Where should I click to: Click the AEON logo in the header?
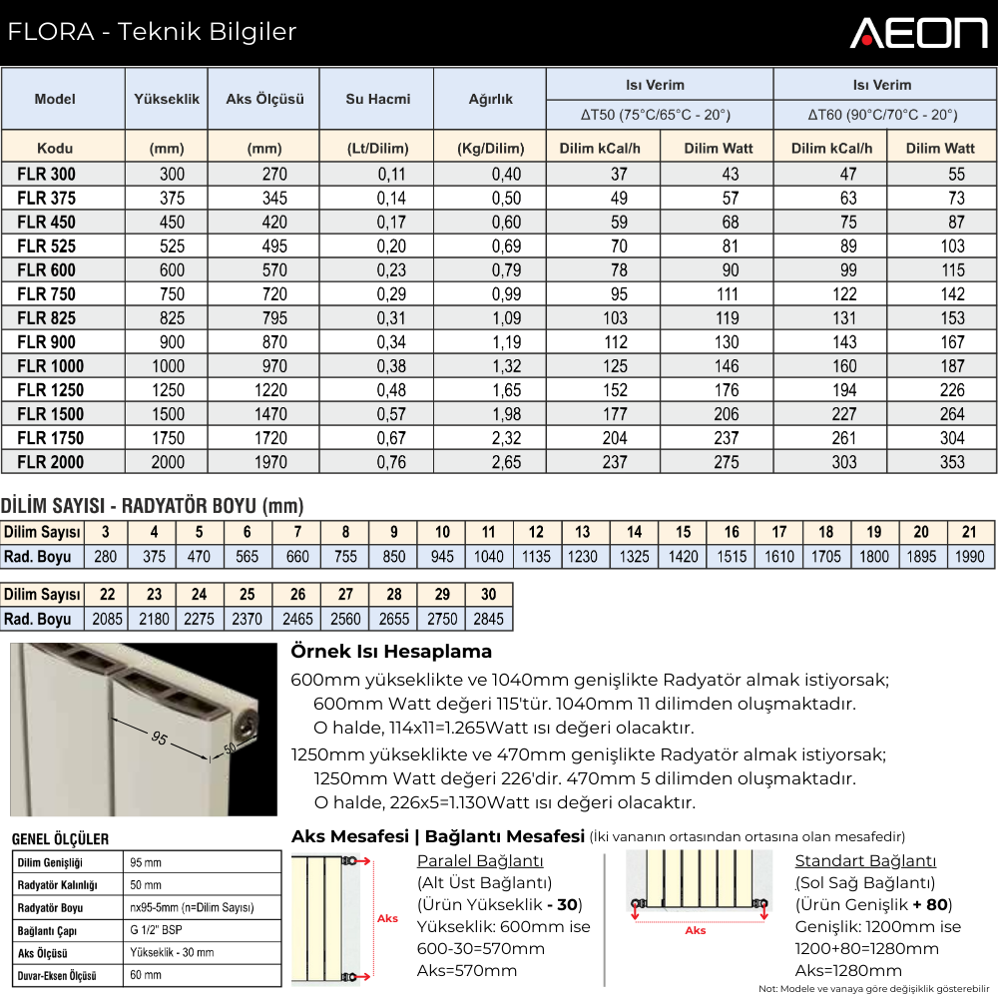pos(918,32)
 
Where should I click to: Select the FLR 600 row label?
pos(46,269)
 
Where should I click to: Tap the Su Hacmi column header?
pos(377,99)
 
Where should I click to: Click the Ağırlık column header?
pos(490,99)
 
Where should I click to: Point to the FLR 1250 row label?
pos(51,390)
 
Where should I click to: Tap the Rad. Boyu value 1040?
pos(489,557)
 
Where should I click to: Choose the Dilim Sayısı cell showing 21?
pos(969,532)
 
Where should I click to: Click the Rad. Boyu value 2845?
pos(488,619)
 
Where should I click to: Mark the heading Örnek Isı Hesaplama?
pos(391,652)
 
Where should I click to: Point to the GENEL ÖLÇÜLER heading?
pos(60,839)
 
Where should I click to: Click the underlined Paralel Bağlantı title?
pos(480,861)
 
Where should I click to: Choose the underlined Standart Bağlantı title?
pos(865,861)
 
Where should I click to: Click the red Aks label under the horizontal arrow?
pos(696,930)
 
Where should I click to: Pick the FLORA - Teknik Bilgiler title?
pos(152,32)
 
